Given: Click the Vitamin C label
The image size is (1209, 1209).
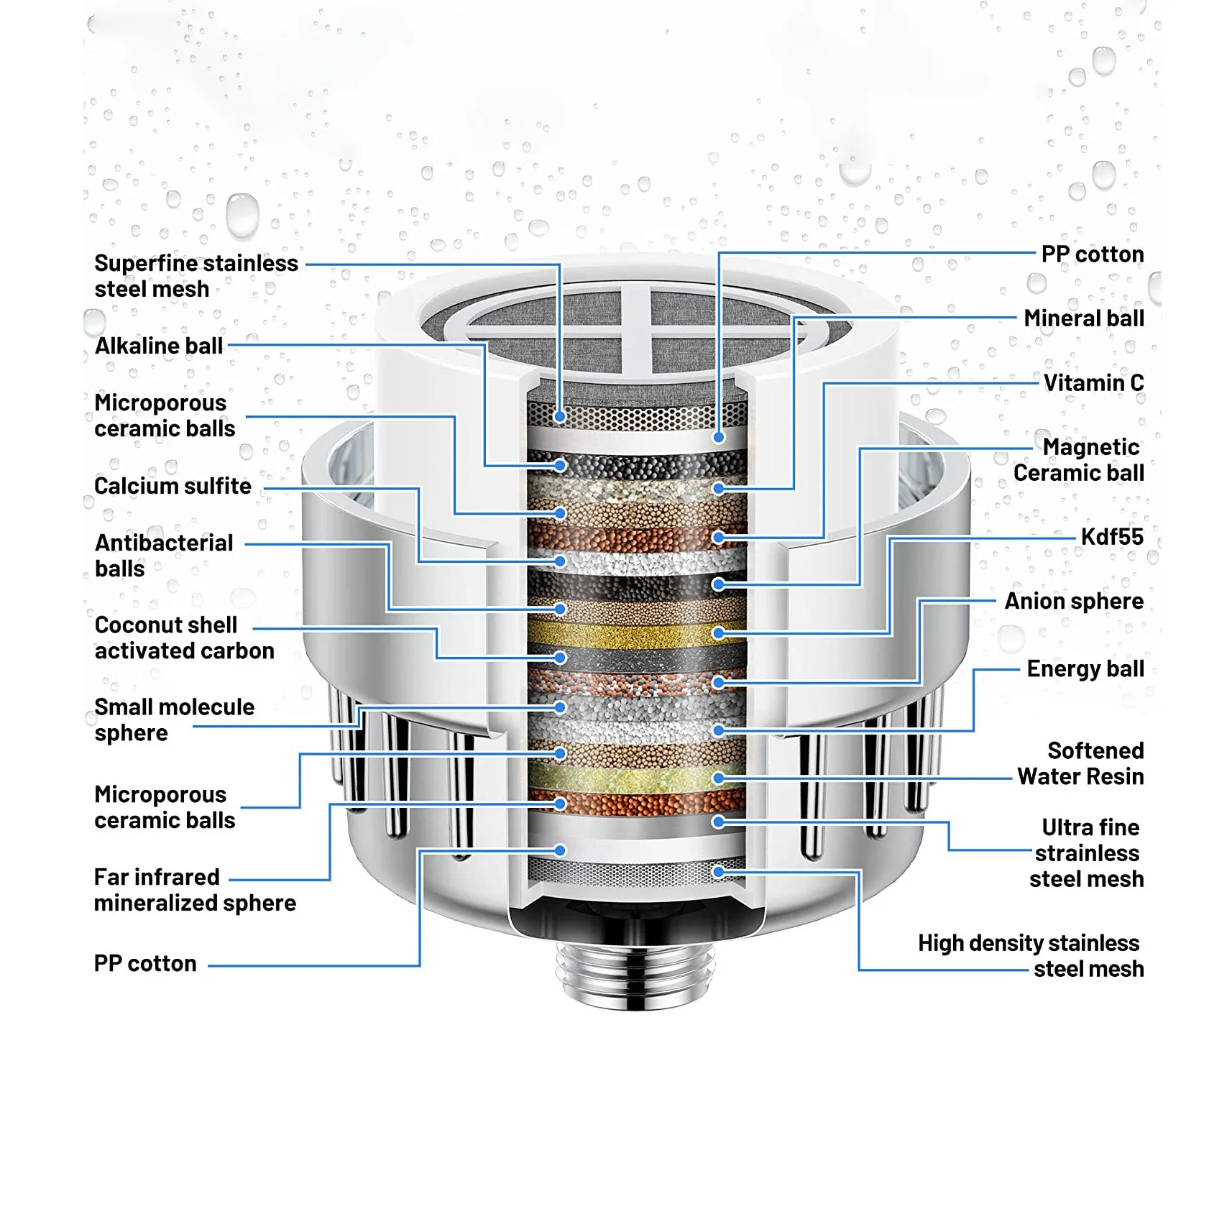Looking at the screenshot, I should tap(1093, 383).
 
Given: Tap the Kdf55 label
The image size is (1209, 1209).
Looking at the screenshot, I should tap(1111, 537).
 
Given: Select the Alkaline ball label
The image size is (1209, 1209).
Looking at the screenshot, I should tap(159, 346).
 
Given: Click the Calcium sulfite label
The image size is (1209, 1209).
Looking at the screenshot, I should tap(173, 487).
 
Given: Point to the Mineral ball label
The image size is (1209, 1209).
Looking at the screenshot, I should tap(1083, 318).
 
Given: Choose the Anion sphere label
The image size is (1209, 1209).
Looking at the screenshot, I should tap(1073, 601).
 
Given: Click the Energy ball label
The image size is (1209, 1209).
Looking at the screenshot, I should tap(1085, 668).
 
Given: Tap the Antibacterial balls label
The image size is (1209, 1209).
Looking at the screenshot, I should tap(163, 556).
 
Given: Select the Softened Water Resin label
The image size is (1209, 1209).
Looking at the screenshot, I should tap(1080, 763).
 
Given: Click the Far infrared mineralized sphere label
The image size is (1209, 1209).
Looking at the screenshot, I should tap(194, 890).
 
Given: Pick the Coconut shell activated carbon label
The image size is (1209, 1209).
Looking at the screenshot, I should tap(184, 638).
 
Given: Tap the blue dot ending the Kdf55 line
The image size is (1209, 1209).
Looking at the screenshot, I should tap(718, 633).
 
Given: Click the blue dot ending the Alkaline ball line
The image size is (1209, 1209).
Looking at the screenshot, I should tap(560, 466).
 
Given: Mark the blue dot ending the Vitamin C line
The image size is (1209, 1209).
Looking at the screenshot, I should tap(718, 537).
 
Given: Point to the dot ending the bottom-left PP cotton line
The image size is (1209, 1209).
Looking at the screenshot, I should tap(560, 851).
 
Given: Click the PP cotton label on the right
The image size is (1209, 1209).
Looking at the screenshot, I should tap(1092, 254).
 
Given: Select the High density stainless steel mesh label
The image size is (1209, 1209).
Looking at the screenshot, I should tap(1030, 956).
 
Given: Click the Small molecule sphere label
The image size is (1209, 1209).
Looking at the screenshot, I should tap(174, 720).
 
